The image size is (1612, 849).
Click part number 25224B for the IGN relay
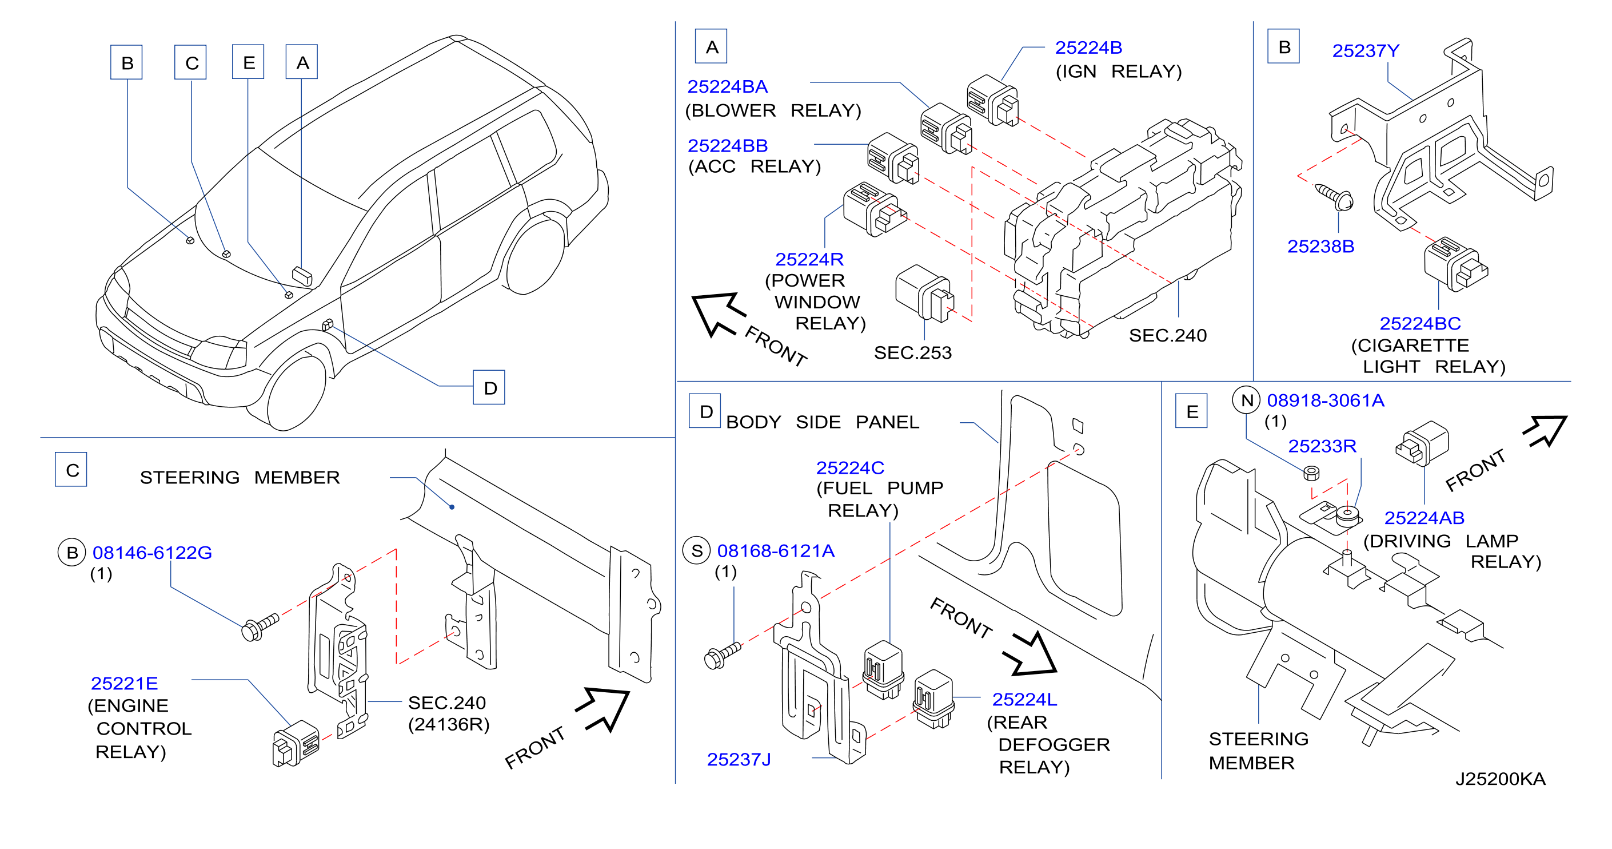point(1088,47)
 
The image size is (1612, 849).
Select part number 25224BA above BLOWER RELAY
point(727,86)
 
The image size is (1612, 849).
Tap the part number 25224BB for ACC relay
point(727,145)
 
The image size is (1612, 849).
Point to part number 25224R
point(809,259)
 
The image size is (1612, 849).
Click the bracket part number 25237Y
point(1366,51)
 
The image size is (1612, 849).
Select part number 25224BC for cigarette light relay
point(1420,323)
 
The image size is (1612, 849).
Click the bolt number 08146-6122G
point(152,552)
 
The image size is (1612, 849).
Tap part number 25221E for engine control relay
point(124,683)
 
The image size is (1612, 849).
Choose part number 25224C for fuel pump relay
point(850,468)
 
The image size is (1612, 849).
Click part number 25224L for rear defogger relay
point(1024,699)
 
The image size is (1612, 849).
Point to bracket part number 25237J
point(739,760)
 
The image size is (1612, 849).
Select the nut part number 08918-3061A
point(1326,400)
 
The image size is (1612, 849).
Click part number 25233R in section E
point(1322,446)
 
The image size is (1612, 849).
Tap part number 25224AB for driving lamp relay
point(1425,518)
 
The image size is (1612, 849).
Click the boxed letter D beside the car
point(489,387)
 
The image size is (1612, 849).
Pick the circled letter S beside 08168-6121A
point(696,551)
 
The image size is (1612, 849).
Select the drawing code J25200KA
point(1500,779)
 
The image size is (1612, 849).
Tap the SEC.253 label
point(912,352)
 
